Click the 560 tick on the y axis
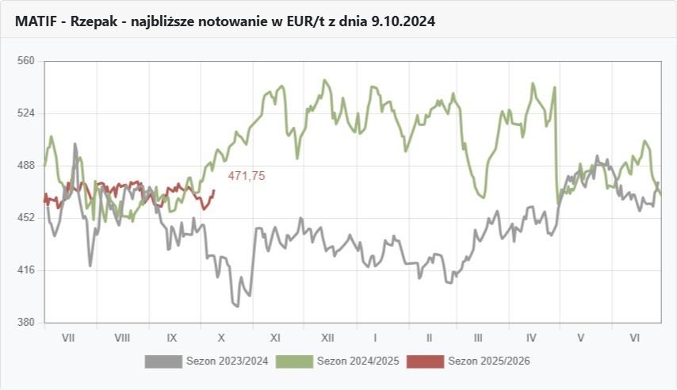(27, 60)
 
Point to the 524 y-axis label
(27, 113)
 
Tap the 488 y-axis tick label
(27, 165)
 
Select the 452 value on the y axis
(27, 217)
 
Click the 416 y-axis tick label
(27, 270)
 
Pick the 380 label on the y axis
(27, 323)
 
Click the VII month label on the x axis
(68, 338)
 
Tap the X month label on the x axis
(221, 338)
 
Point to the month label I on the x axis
(375, 338)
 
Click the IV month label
(531, 338)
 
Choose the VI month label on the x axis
(635, 338)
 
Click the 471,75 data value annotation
(247, 176)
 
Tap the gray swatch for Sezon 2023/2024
(163, 361)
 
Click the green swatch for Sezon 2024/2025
(294, 361)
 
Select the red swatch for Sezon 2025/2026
(425, 361)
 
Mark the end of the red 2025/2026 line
(214, 190)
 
